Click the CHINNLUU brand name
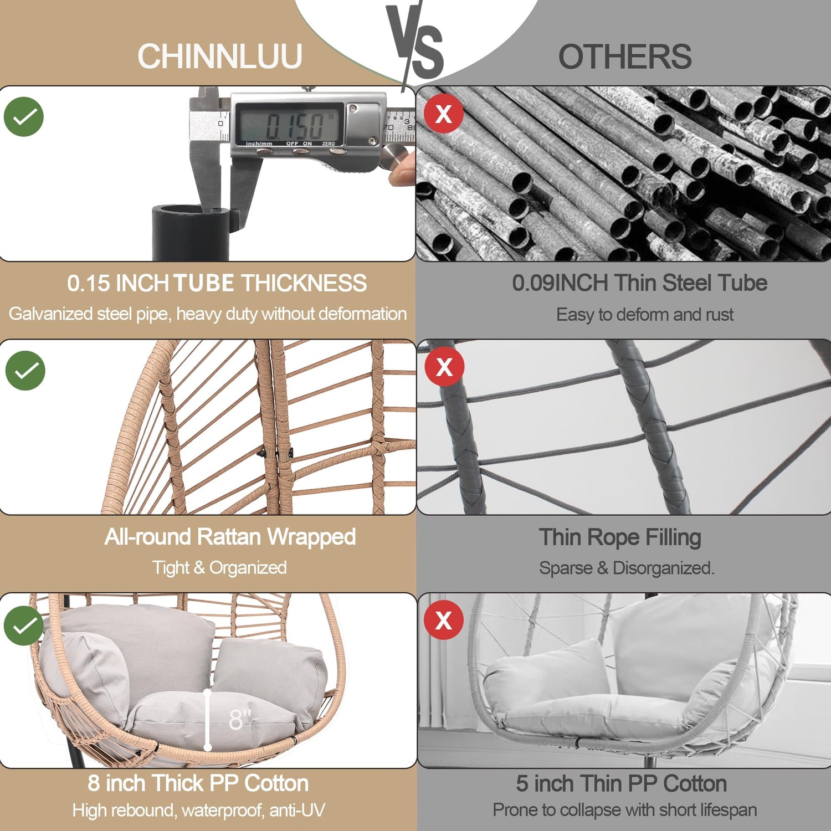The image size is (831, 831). pos(219,57)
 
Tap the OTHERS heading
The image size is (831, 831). pos(625,57)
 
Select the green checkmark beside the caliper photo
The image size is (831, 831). pos(24,117)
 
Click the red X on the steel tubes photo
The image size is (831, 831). pos(444,114)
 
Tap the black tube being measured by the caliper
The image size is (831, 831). pos(190,233)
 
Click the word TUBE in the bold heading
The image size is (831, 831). pos(204,283)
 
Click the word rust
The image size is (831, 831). pos(720,315)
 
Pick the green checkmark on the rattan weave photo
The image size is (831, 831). pos(25,371)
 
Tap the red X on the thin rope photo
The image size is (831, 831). pos(444,367)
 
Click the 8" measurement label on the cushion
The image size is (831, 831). pos(240,719)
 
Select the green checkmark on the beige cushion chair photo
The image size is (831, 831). pos(24,625)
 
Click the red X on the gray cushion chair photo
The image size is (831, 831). pos(444,620)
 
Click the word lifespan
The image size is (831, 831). pos(729,810)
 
